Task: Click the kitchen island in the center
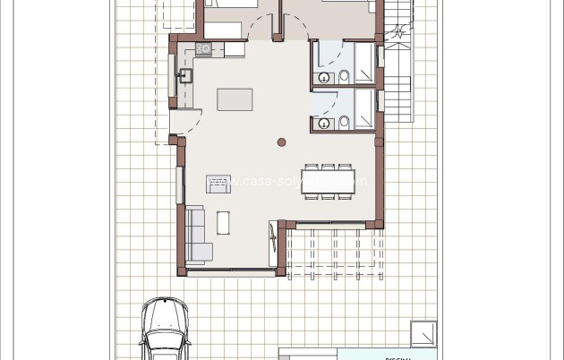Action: coord(235,99)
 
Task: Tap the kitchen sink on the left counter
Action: coord(186,76)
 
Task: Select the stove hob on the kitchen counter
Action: coord(205,49)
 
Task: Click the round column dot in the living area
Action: coord(281,142)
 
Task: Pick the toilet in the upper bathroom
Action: coord(343,78)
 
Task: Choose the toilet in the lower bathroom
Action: coord(343,123)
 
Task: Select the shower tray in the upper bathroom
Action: coord(365,63)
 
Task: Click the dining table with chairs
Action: coord(329,180)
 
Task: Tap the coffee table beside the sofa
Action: coord(223,222)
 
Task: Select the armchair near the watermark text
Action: coord(218,184)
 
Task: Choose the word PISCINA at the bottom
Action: coord(397,357)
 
